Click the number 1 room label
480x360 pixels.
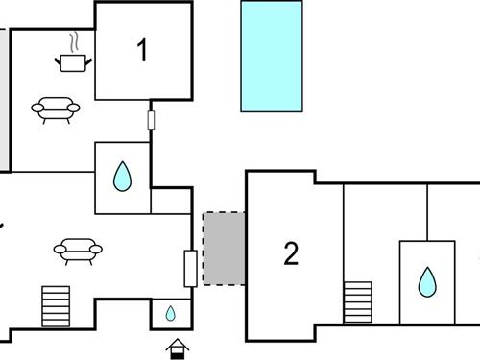point(143,51)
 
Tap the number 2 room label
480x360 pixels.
point(291,253)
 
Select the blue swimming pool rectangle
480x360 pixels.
point(272,57)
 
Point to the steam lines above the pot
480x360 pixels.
point(74,41)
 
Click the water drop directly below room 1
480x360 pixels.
point(122,177)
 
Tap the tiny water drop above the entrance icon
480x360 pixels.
point(170,313)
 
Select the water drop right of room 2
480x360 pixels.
point(426,282)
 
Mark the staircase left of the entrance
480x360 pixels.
point(56,306)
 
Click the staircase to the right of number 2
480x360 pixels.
point(357,302)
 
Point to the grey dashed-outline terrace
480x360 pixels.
point(224,248)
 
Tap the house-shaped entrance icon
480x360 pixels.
point(177,347)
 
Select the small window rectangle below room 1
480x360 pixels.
point(151,120)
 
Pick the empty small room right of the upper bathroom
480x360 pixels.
point(171,200)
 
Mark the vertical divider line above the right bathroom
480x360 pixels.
point(427,211)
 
